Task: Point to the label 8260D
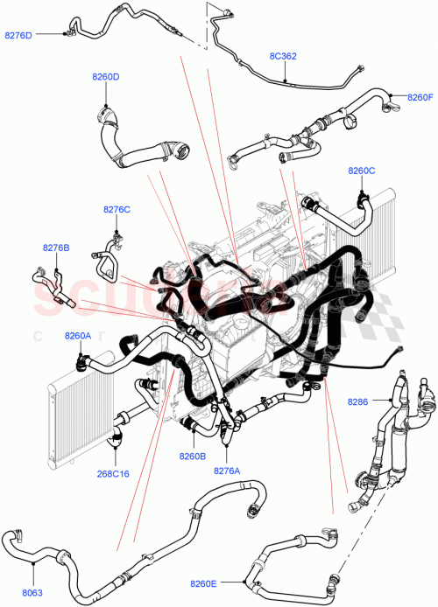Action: point(106,77)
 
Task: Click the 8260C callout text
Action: point(361,171)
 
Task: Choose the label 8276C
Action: point(117,209)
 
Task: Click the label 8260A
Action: point(77,335)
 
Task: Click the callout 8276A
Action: point(227,469)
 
